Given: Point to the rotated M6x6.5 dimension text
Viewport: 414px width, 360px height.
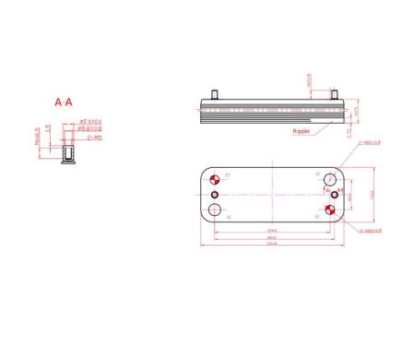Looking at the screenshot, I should pos(37,136).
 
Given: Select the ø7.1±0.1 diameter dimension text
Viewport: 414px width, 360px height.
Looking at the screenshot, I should pos(90,121).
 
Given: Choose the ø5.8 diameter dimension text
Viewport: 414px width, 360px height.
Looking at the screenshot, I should pos(90,128).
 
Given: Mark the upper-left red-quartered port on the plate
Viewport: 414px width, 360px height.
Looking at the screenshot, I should pos(216,178).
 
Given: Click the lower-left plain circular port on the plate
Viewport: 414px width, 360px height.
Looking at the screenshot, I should pos(216,210).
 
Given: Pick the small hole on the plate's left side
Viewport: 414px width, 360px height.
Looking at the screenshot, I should pos(215,195).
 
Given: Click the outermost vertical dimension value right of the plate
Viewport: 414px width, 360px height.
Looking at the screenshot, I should pos(375,193).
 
